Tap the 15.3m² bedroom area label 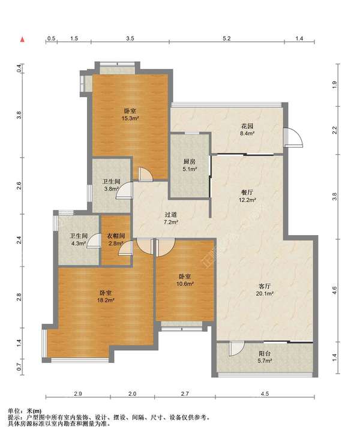130,115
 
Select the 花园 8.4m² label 247,130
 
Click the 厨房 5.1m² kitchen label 190,166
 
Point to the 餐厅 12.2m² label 248,196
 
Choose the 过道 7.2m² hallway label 171,218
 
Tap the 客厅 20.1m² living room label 265,290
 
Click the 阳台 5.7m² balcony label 265,357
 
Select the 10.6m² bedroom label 185,280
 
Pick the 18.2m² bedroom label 106,296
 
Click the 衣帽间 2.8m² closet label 116,240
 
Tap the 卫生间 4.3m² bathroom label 79,240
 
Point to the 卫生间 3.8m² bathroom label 112,185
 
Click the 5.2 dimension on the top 227,38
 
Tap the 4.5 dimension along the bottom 265,393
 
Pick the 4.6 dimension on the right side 334,290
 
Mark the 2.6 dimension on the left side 19,186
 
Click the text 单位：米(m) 25,411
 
